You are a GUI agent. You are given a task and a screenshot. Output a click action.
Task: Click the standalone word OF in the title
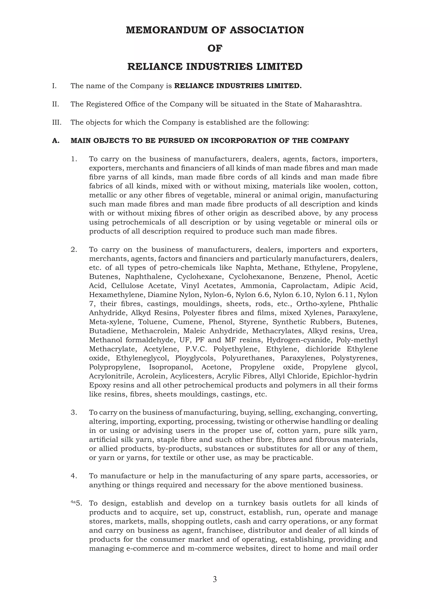pyautogui.click(x=215, y=48)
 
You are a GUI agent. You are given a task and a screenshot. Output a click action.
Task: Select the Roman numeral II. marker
pyautogui.click(x=55, y=104)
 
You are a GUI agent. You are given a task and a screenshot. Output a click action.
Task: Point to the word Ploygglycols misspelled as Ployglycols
pyautogui.click(x=194, y=358)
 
